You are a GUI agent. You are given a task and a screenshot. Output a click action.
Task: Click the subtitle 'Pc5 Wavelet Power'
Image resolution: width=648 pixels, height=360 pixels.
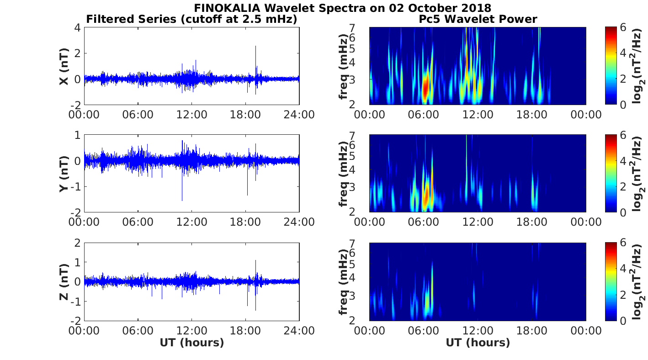(478, 19)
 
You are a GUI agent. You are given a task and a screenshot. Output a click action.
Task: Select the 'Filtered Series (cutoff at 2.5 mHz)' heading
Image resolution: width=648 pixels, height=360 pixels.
(191, 19)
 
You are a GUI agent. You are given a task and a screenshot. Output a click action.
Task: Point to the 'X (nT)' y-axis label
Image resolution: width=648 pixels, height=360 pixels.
(64, 66)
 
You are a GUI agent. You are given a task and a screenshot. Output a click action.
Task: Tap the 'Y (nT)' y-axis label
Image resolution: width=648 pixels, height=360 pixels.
(64, 174)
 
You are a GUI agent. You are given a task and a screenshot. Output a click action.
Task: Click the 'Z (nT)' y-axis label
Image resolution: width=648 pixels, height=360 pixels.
(64, 281)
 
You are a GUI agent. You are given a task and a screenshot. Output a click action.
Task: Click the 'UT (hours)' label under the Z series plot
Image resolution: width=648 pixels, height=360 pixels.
(191, 343)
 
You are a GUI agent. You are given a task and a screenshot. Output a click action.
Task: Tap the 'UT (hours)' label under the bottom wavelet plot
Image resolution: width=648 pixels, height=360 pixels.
(478, 343)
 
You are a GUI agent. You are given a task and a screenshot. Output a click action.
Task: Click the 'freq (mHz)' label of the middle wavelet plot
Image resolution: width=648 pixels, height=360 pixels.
(343, 174)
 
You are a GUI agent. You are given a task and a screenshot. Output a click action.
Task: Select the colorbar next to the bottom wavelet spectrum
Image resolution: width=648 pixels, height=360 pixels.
(611, 281)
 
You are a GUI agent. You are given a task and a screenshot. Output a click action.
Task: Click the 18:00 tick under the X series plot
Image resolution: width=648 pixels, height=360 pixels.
(245, 114)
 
